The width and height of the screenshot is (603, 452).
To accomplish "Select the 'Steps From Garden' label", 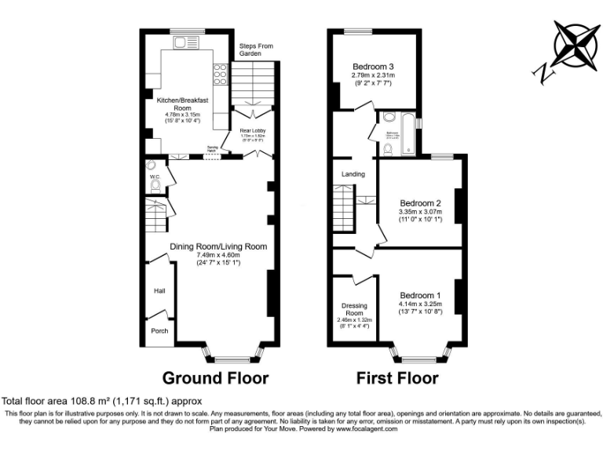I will click(256, 49).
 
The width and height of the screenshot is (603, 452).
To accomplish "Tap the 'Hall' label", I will click(159, 291).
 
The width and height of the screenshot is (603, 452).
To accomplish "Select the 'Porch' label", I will click(159, 330).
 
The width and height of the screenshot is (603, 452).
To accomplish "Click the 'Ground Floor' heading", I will click(215, 378).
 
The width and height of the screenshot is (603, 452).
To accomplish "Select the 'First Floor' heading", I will click(397, 378).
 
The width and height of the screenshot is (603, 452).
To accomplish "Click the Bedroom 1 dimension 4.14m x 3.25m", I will click(420, 304).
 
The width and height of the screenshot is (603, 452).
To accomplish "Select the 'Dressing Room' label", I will click(355, 309).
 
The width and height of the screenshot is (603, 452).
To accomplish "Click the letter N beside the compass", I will click(543, 72).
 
